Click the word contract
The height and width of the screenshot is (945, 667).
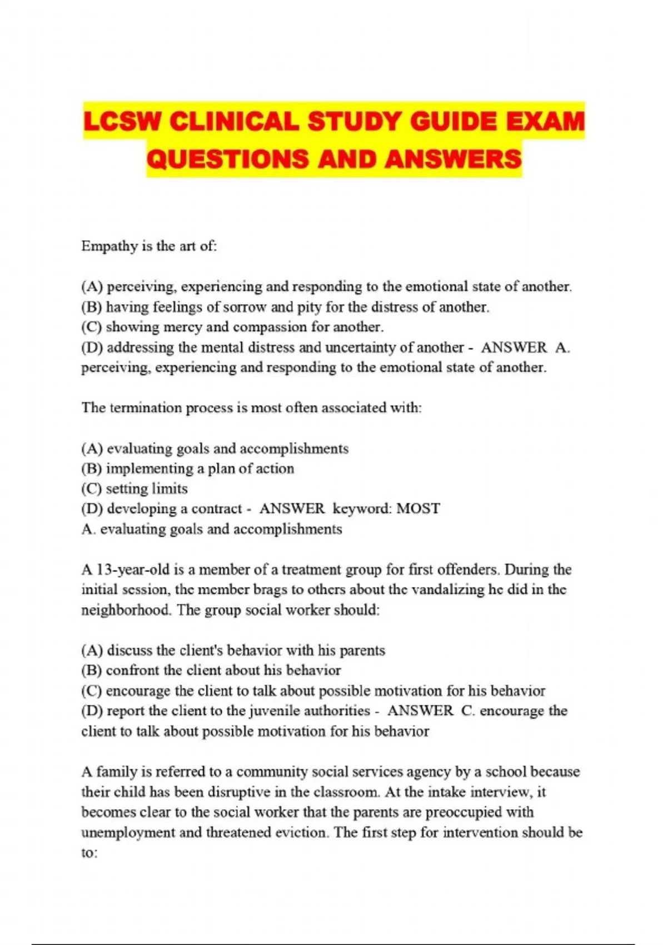(x=217, y=509)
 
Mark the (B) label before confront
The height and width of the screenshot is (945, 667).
(x=91, y=670)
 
